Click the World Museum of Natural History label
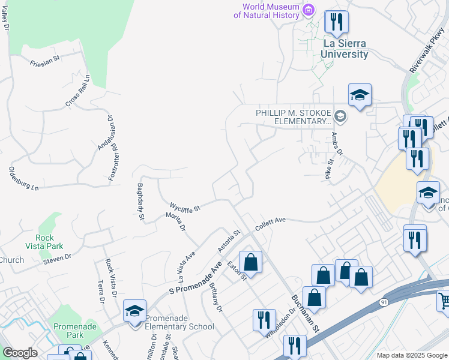pos(270,11)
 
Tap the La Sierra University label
pos(345,49)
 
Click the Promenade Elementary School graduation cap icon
pos(134,310)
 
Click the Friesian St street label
pos(45,61)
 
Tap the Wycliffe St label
pos(185,207)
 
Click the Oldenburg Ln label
pos(23,179)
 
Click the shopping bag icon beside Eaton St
pos(250,262)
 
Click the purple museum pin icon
pos(309,10)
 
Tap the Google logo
pos(20,353)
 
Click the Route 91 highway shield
pos(384,304)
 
